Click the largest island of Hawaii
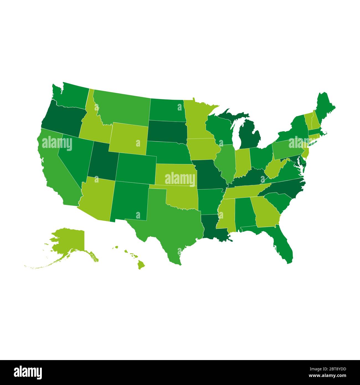coord(142,265)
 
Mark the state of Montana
coord(122,108)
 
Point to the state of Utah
coord(102,161)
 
